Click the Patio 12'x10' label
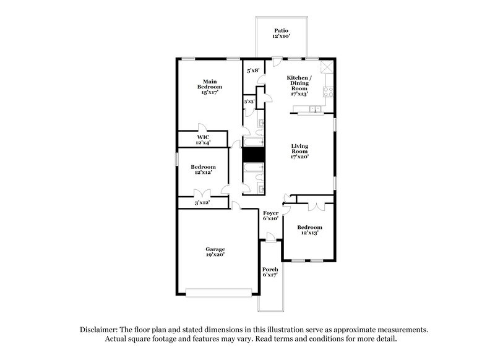(282, 34)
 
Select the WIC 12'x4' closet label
(203, 140)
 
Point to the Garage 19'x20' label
(215, 252)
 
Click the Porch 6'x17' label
(270, 272)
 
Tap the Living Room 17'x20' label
(300, 152)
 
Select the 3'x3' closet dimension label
(249, 101)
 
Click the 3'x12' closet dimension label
(202, 203)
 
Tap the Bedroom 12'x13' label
(309, 230)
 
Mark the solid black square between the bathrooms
(253, 155)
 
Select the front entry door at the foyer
(269, 238)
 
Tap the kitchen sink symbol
(316, 109)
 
